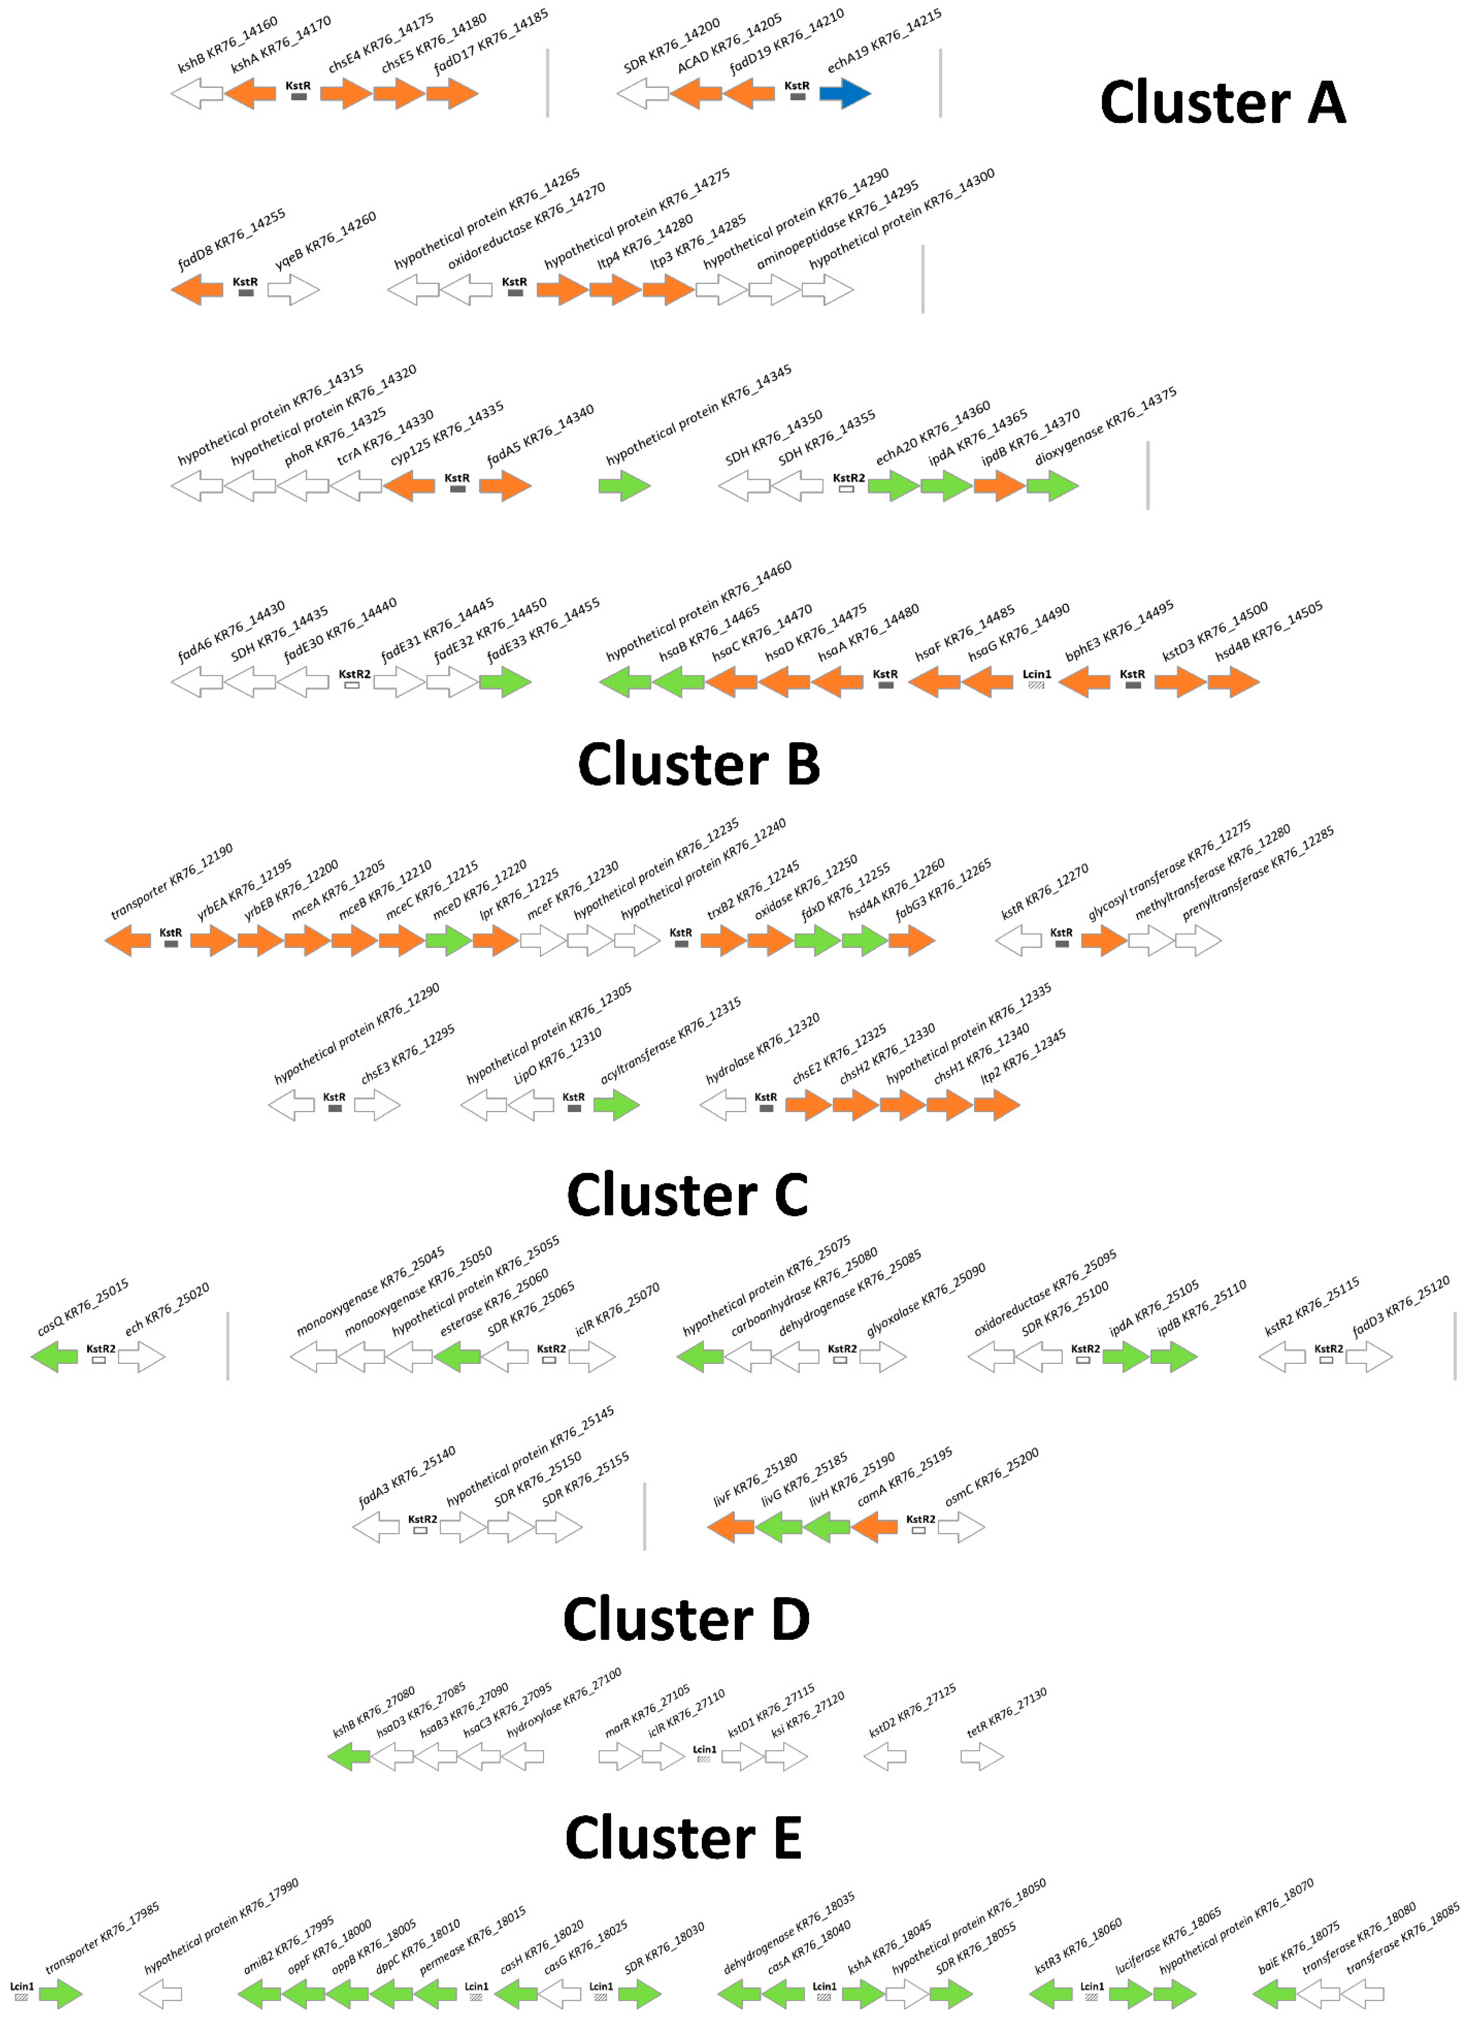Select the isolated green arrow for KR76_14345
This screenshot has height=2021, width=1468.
pos(624,486)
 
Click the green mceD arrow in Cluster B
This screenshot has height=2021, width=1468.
pos(448,940)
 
